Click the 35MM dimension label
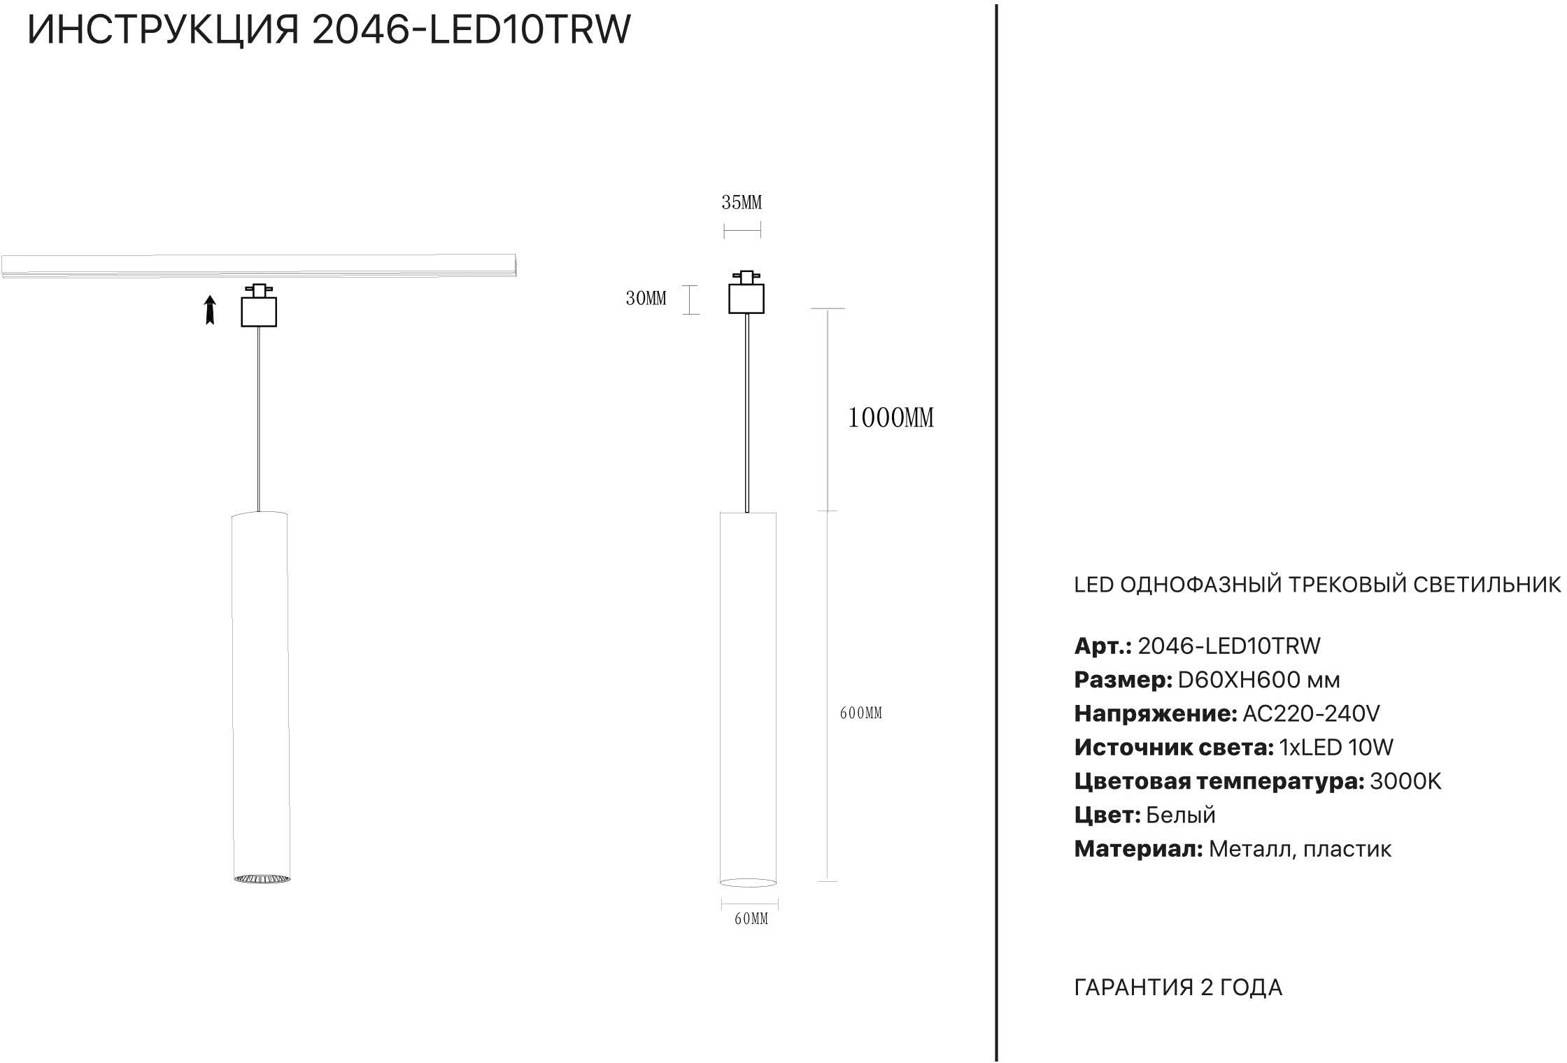point(742,203)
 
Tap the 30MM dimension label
point(646,299)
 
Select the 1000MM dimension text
point(891,418)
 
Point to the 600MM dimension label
point(860,713)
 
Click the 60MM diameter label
point(751,919)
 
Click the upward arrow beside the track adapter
point(209,310)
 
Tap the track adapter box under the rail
point(259,311)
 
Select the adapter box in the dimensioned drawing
point(746,299)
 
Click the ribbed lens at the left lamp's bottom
point(262,878)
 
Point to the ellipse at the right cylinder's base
point(748,883)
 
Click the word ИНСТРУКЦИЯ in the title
point(163,30)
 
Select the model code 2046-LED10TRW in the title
point(471,30)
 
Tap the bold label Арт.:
point(1102,646)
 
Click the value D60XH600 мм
point(1258,680)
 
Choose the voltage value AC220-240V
point(1310,714)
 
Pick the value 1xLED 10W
point(1336,748)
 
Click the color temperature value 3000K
point(1405,781)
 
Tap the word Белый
point(1181,815)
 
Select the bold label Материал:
point(1138,849)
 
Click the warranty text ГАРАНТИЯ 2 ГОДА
point(1178,987)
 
